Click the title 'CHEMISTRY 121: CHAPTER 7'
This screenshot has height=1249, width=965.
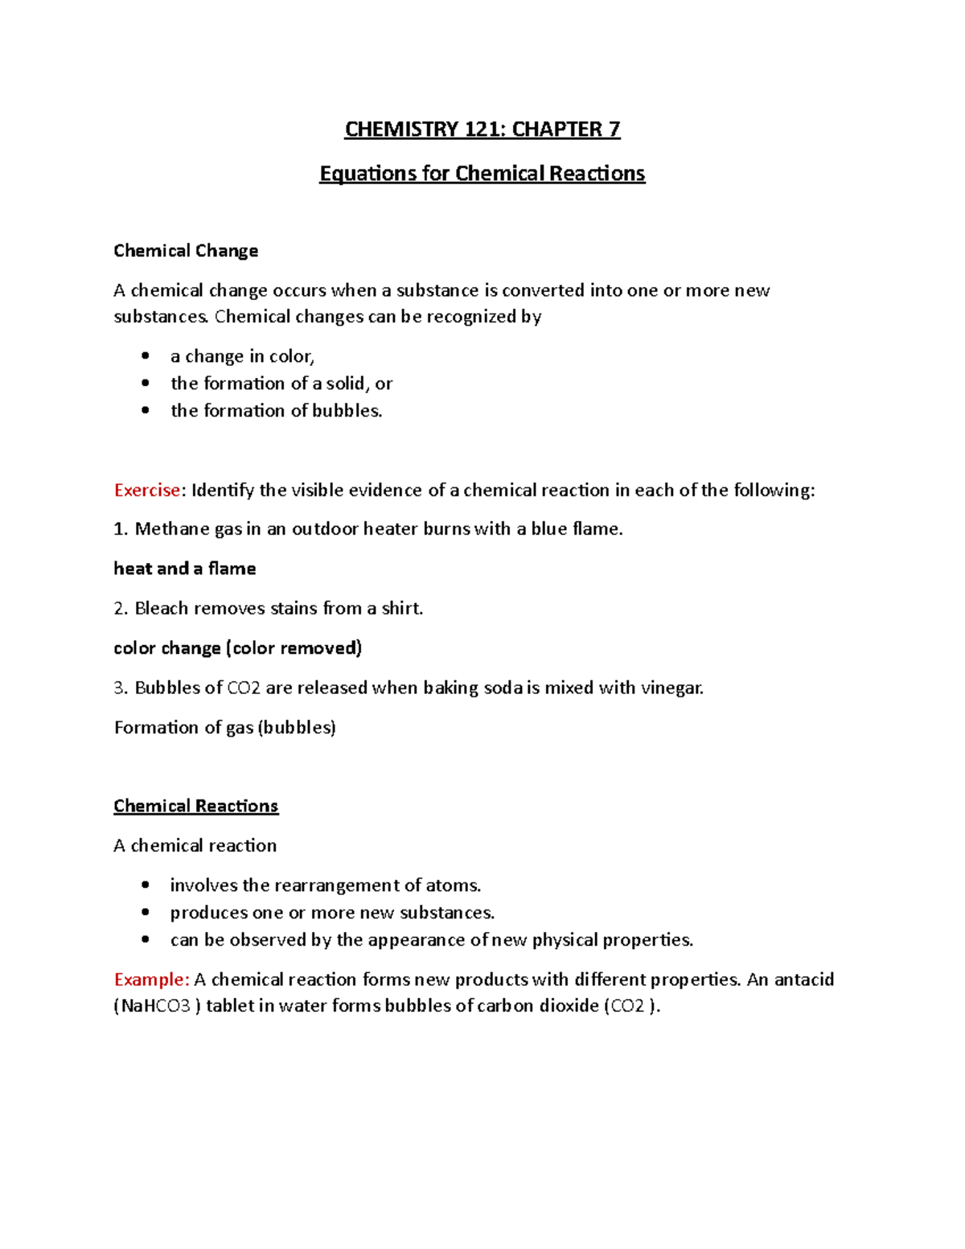(x=482, y=129)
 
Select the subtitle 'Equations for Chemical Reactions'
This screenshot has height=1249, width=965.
(x=482, y=174)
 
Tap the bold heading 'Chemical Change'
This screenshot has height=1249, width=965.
(x=186, y=251)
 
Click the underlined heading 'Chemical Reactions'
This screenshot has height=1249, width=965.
(x=195, y=806)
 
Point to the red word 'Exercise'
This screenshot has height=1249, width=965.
(x=147, y=491)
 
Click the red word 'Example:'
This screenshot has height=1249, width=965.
(x=152, y=980)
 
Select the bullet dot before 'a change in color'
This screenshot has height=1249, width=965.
(x=145, y=356)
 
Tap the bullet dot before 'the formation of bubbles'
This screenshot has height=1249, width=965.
(x=145, y=410)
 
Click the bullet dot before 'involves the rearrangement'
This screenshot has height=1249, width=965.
(x=145, y=885)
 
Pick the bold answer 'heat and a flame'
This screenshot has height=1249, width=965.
(x=185, y=569)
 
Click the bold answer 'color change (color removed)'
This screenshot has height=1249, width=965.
(x=238, y=648)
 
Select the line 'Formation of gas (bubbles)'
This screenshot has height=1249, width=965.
(x=225, y=728)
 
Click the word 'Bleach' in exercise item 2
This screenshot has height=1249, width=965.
(x=162, y=609)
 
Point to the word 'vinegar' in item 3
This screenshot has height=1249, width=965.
(x=671, y=688)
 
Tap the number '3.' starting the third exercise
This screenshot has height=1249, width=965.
(x=121, y=688)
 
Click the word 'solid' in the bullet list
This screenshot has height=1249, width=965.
(x=345, y=384)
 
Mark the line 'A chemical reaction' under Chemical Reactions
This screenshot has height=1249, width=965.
(x=195, y=846)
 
